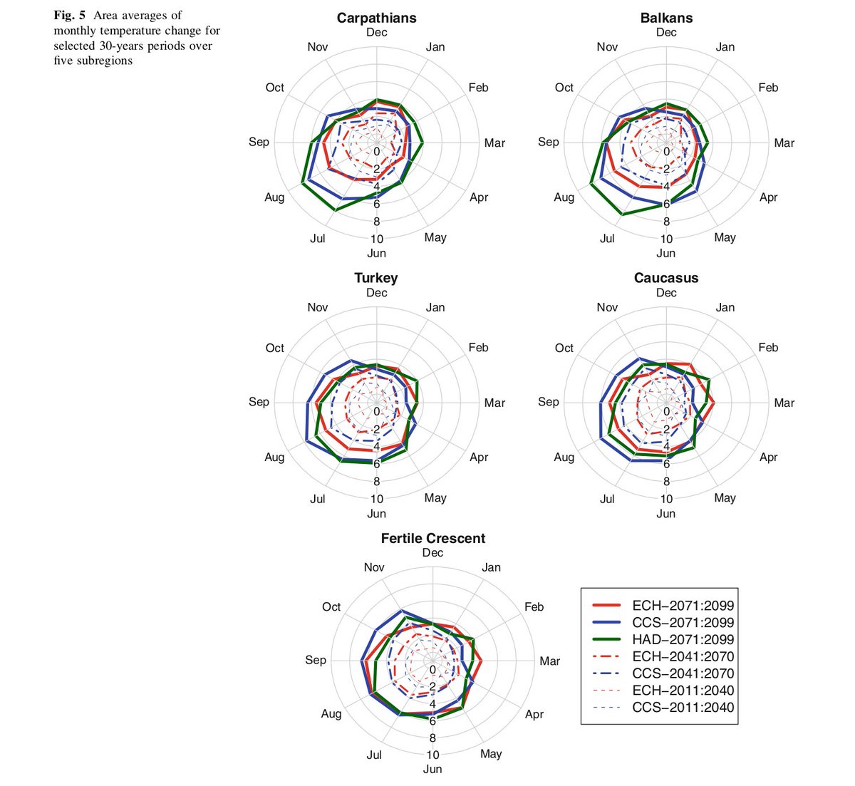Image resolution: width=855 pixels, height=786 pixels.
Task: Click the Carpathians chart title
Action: click(x=376, y=18)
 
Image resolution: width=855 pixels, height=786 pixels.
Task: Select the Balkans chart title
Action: click(x=666, y=18)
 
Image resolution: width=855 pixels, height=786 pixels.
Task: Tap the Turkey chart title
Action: click(x=376, y=278)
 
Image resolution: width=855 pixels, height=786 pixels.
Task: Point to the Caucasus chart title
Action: click(x=666, y=278)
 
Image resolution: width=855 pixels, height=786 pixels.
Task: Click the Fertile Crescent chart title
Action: click(x=432, y=539)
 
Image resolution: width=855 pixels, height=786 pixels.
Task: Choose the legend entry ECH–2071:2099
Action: click(x=683, y=606)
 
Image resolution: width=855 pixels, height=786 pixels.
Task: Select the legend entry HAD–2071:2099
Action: click(x=683, y=640)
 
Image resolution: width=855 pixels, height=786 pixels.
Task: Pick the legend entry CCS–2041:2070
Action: click(x=683, y=674)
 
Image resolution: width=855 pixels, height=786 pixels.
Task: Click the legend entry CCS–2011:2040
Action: click(x=683, y=708)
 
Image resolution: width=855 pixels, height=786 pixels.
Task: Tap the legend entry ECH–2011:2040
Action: click(x=683, y=691)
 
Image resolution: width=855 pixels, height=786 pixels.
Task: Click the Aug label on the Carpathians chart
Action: click(x=274, y=197)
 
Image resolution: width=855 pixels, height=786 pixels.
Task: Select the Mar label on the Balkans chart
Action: click(x=784, y=143)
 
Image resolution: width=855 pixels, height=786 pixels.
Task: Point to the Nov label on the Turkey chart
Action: click(x=318, y=308)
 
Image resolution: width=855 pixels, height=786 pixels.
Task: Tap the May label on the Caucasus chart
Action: click(x=725, y=498)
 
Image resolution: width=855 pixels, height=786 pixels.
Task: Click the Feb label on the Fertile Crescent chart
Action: click(x=534, y=607)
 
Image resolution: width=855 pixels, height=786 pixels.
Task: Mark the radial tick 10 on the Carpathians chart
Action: click(x=376, y=239)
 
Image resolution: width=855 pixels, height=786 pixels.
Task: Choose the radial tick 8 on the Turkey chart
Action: click(x=376, y=482)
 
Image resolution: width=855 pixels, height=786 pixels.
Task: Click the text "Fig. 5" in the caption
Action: click(x=68, y=16)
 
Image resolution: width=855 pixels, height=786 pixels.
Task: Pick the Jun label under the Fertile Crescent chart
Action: click(x=432, y=770)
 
